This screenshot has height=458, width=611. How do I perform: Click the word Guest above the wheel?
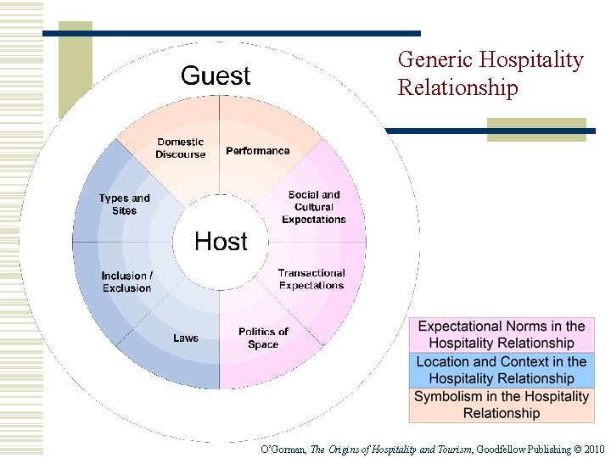tap(216, 76)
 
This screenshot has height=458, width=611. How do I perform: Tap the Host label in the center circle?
tap(221, 242)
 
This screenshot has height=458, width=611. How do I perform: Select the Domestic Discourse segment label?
tap(180, 148)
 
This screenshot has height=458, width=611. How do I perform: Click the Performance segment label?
tap(257, 151)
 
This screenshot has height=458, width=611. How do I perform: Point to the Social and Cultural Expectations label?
tap(314, 207)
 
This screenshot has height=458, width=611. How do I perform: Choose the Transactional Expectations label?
tap(311, 279)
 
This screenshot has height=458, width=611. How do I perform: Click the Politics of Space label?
tap(263, 338)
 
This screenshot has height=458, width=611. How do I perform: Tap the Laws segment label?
tap(186, 338)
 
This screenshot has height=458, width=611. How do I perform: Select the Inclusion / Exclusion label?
tap(126, 282)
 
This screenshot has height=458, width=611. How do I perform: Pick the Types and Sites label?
tap(124, 204)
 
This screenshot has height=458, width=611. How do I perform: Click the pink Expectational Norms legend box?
tap(502, 335)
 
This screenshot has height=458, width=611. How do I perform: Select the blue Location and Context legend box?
tap(502, 370)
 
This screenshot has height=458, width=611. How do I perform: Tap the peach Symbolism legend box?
tap(502, 405)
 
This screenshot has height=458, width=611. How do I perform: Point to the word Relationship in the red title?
tap(457, 88)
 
